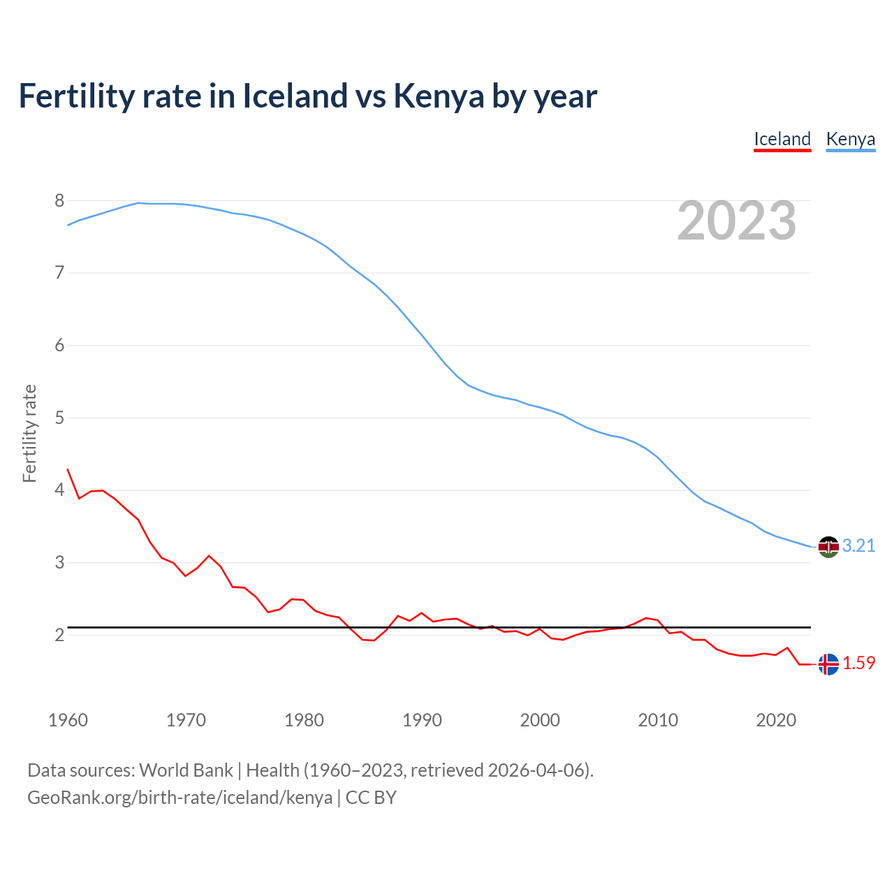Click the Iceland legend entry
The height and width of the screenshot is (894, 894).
(782, 139)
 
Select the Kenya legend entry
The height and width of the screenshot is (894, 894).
(850, 139)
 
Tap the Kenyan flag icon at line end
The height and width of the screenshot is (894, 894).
(828, 547)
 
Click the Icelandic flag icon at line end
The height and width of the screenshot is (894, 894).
(828, 664)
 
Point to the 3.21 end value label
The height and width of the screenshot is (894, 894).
(858, 546)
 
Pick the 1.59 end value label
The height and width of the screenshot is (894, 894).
(858, 664)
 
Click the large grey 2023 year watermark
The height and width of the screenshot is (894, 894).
(737, 221)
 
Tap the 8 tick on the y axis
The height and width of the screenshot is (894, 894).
(59, 201)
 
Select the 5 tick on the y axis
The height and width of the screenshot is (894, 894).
(59, 418)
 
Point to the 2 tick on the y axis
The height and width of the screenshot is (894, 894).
(59, 636)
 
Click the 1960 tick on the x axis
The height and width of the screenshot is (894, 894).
(68, 720)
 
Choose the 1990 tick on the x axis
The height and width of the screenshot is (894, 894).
(422, 720)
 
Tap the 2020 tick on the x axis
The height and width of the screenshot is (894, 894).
(776, 720)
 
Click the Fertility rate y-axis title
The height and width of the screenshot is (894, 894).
(29, 433)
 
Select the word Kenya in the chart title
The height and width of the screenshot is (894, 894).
(438, 96)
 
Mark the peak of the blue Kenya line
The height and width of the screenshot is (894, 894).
(138, 203)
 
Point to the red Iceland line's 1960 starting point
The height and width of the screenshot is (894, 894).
(68, 469)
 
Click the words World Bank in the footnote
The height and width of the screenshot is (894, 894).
(186, 770)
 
